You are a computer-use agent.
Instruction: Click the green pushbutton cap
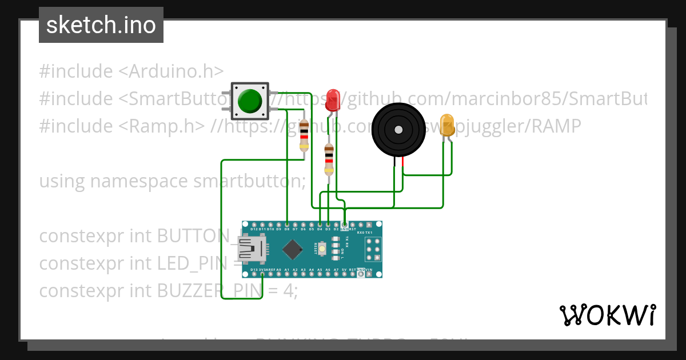point(250,101)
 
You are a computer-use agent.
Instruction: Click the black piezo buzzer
point(399,130)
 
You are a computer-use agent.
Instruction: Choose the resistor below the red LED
point(329,159)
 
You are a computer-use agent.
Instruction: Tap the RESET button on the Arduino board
point(323,249)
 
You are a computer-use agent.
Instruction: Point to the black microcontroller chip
point(293,249)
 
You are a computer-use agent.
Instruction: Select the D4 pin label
point(320,229)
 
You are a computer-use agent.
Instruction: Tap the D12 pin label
point(254,229)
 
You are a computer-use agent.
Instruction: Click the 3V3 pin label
point(262,269)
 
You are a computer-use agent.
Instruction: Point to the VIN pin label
point(369,269)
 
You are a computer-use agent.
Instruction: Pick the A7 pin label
point(336,269)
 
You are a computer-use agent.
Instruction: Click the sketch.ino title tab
point(101,25)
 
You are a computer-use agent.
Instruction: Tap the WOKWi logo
point(607,315)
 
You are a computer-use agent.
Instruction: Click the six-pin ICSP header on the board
point(373,250)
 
